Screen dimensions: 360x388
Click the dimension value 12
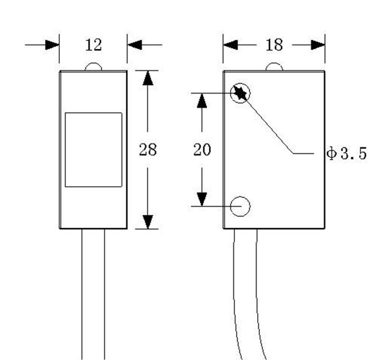pos(93,44)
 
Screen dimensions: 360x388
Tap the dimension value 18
pos(274,44)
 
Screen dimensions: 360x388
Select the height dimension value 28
pos(147,150)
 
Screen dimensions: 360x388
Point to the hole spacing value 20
pos(202,150)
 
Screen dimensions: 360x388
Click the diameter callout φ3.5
pos(346,154)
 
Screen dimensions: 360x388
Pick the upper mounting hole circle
pos(241,93)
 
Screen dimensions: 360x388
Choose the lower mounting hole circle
pos(241,207)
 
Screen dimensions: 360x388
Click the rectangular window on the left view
pos(93,150)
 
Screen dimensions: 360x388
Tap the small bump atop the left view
pos(93,67)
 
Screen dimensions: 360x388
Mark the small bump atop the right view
pos(274,67)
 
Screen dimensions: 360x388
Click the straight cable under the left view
pos(93,294)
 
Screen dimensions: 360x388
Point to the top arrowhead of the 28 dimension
pos(147,78)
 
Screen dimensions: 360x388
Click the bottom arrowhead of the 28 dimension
pos(147,222)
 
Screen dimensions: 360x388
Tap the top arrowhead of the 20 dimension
pos(202,100)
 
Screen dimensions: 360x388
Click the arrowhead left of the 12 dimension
pos(53,44)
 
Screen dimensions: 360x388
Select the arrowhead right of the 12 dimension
pos(134,44)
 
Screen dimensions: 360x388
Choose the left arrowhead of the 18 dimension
pos(231,44)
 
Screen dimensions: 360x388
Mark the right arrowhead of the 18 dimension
pos(318,44)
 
